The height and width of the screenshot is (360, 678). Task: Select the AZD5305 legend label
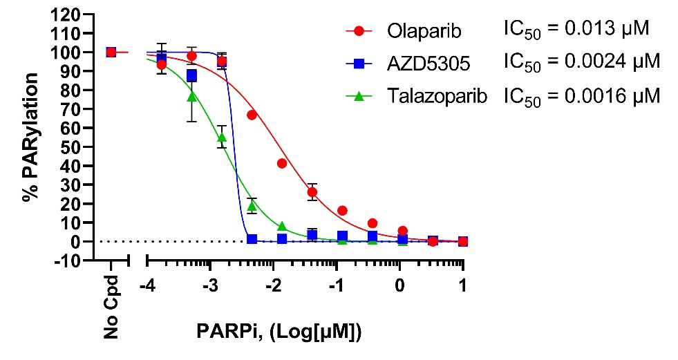point(424,63)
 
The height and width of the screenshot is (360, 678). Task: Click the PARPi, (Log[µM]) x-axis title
point(276,333)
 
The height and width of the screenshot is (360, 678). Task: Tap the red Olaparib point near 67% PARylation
point(252,115)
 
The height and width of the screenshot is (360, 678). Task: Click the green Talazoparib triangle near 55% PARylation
point(222,137)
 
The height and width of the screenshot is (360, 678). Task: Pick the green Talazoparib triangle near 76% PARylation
point(192,97)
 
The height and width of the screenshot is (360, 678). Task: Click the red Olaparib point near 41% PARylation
point(282,163)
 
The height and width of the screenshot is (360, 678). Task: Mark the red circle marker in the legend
point(358,30)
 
